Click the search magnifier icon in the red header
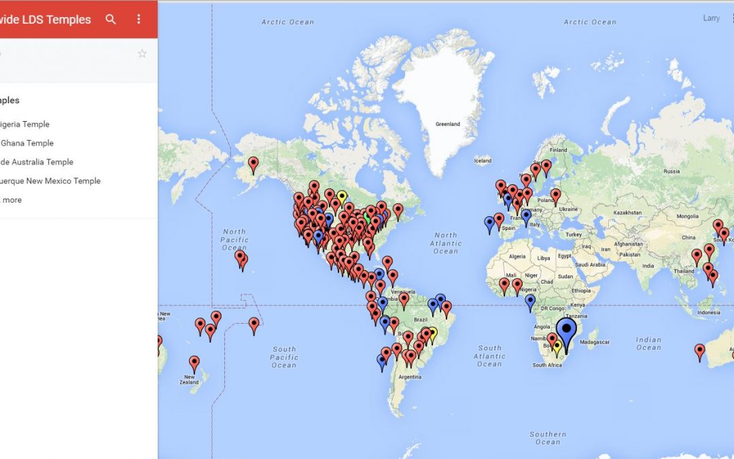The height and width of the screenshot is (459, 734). [x=111, y=19]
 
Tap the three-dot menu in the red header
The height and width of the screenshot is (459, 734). [x=139, y=19]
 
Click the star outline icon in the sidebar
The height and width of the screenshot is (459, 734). [x=142, y=54]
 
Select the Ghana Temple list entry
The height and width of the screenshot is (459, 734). [x=27, y=143]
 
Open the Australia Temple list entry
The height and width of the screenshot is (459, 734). [x=37, y=162]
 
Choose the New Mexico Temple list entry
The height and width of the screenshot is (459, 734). [x=50, y=181]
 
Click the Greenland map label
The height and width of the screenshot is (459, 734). [x=448, y=124]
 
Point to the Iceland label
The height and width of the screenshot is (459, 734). [x=483, y=160]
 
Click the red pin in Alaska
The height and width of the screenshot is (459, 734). [x=254, y=163]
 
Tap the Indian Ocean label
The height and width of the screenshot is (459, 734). [x=648, y=343]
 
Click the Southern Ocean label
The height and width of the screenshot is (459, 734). [x=548, y=437]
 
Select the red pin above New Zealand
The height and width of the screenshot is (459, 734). [x=194, y=362]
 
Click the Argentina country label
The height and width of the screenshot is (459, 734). [x=410, y=376]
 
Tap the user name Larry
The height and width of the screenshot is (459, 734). [x=711, y=18]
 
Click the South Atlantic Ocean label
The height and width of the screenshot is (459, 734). [x=489, y=356]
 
